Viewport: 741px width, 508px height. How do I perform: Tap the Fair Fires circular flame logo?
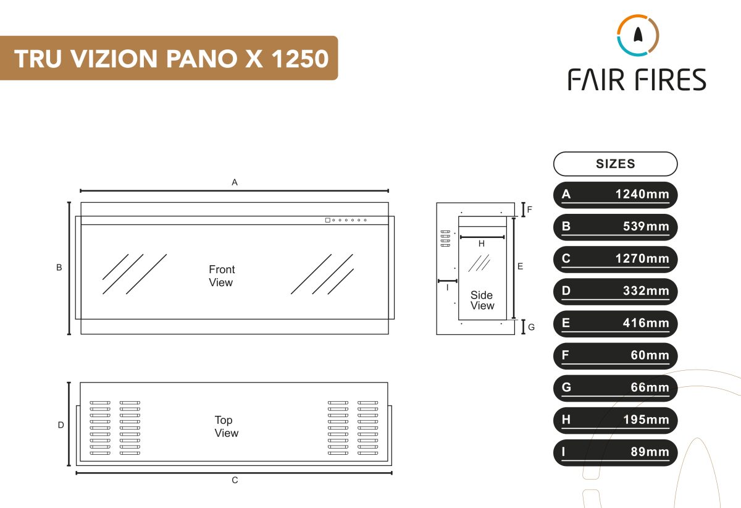(638, 35)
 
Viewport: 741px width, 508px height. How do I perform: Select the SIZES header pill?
(615, 164)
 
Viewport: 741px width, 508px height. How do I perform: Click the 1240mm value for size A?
(642, 195)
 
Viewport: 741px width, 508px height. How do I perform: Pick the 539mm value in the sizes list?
(646, 227)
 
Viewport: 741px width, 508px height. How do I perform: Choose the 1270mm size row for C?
(615, 259)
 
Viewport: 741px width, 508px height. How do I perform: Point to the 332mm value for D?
(646, 291)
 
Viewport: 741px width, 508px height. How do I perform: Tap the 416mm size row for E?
(615, 323)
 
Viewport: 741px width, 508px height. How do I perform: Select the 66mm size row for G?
(615, 387)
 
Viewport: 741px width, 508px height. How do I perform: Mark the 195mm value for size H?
(646, 420)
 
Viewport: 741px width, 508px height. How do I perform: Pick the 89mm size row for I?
(615, 452)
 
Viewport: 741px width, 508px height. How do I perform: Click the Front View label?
(221, 276)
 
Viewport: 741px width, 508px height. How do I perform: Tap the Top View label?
(225, 426)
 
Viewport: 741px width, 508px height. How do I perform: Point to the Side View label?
(482, 300)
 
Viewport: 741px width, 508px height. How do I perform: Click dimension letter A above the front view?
(235, 182)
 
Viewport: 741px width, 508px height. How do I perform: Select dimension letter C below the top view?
(235, 480)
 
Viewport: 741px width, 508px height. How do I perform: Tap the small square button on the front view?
(327, 220)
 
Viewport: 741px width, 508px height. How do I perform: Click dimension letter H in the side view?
(482, 244)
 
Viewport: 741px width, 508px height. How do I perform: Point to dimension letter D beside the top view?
(61, 425)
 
